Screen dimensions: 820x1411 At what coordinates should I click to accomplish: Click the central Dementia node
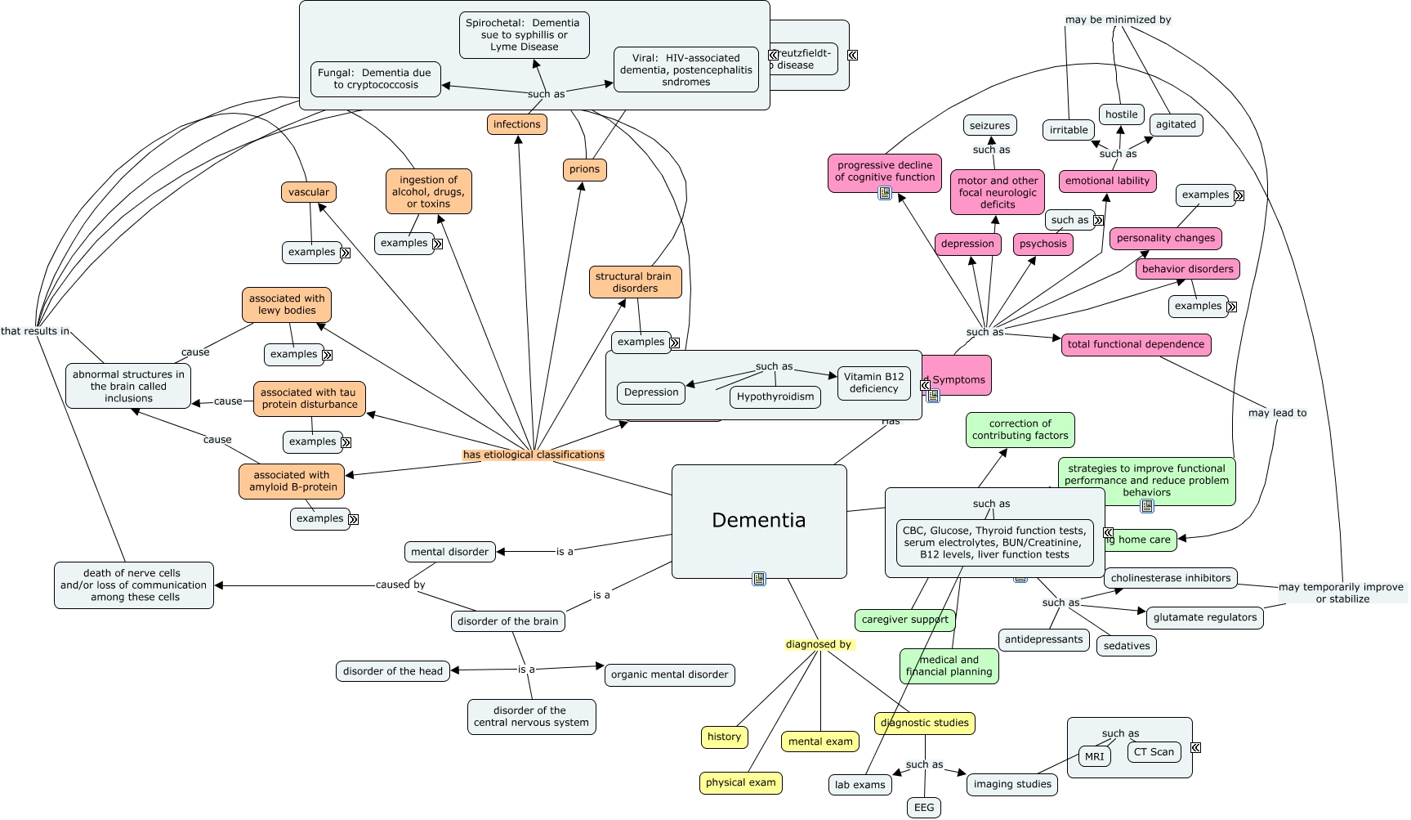tap(758, 521)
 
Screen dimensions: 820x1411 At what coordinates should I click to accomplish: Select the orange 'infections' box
tap(516, 124)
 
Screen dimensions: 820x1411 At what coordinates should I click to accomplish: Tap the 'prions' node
tap(584, 169)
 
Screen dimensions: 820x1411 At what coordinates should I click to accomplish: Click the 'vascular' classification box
tap(309, 192)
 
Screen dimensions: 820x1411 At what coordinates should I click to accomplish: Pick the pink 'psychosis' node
tap(1043, 244)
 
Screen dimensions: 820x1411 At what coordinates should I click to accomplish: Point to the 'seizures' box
tap(989, 126)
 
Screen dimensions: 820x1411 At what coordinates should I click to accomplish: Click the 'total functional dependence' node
tap(1136, 344)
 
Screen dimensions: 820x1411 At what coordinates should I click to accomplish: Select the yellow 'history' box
tap(724, 737)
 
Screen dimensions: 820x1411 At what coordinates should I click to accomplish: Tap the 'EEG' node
tap(924, 807)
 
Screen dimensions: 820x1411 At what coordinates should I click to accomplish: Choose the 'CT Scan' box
tap(1154, 752)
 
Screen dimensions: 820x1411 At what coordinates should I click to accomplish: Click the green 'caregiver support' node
tap(904, 620)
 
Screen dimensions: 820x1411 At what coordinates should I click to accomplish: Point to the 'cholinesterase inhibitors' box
tap(1170, 578)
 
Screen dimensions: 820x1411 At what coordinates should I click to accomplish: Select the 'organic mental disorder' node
tap(669, 674)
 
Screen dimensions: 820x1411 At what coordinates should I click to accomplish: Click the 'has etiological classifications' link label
tap(534, 455)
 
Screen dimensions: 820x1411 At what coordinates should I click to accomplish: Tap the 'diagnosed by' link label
tap(818, 644)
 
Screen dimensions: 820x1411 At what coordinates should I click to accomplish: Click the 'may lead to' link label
tap(1277, 413)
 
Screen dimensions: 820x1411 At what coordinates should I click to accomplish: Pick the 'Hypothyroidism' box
tap(775, 397)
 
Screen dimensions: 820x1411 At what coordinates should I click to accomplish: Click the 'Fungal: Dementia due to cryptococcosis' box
tap(376, 79)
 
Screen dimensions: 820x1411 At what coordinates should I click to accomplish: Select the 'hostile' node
tap(1121, 114)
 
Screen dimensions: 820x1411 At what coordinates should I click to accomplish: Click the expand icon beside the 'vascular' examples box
tap(345, 253)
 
